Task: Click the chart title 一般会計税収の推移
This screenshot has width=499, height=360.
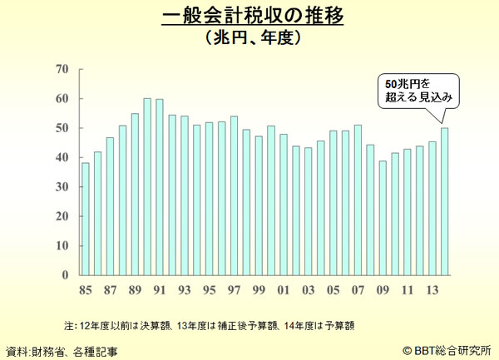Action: pyautogui.click(x=250, y=16)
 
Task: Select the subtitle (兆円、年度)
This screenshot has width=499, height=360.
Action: pyautogui.click(x=250, y=37)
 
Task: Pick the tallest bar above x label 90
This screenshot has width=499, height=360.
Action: pyautogui.click(x=147, y=186)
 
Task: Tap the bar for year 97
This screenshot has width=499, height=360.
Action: pyautogui.click(x=234, y=195)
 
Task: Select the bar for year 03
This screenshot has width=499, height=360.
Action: pyautogui.click(x=308, y=211)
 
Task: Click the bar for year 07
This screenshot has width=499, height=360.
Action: pyautogui.click(x=358, y=200)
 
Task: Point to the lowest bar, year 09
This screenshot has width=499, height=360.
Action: pyautogui.click(x=383, y=217)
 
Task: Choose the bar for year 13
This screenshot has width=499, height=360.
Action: pyautogui.click(x=432, y=208)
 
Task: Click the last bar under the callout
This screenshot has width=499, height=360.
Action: pyautogui.click(x=444, y=200)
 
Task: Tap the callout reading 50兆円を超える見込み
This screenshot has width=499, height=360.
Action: pyautogui.click(x=418, y=91)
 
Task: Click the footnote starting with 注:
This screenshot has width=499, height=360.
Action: pyautogui.click(x=215, y=323)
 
